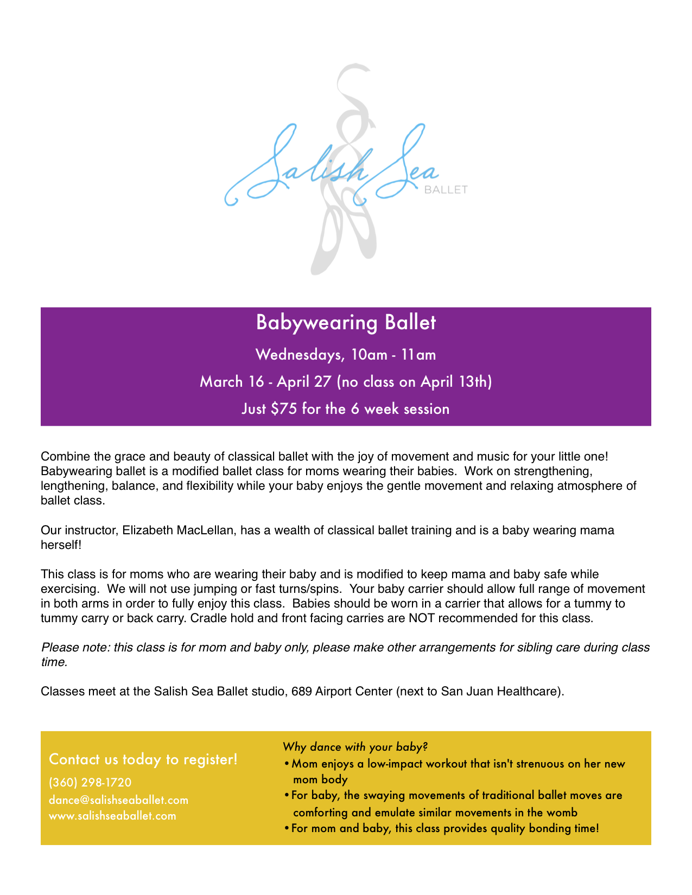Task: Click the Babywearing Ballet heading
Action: coord(346,323)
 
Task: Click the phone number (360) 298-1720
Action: coord(90,782)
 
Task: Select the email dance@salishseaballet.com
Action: coord(118,800)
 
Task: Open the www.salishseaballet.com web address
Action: coord(112,816)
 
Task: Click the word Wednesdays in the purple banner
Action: coord(300,355)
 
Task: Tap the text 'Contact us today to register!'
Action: coord(143,759)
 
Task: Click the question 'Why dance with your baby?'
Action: coord(355,747)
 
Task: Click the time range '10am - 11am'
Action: coord(393,355)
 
